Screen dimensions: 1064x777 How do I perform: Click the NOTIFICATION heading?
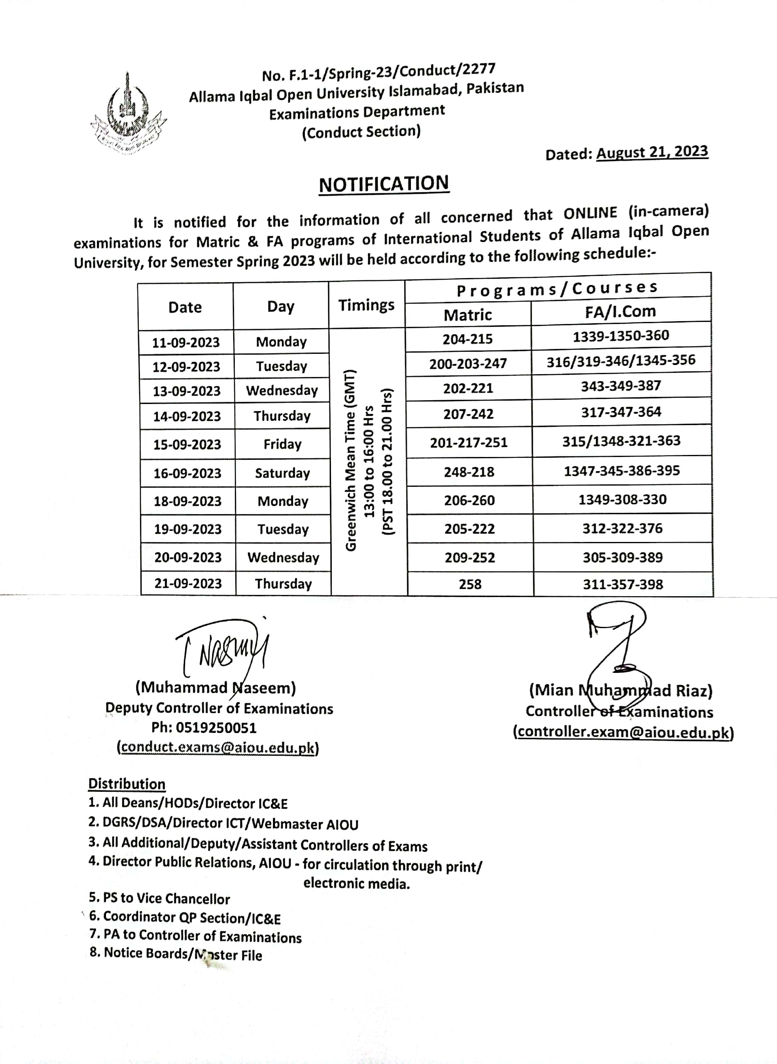coord(384,184)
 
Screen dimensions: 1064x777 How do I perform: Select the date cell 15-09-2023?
coord(187,445)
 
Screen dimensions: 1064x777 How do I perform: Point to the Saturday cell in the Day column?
coord(282,473)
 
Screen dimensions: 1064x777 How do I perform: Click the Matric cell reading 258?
coord(470,584)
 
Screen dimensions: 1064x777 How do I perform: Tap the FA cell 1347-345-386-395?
coord(622,470)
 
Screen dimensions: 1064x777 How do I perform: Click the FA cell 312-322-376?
coord(622,529)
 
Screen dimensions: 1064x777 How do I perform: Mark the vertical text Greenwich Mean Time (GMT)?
coord(351,461)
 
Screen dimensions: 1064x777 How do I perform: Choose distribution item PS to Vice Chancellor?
coord(159,898)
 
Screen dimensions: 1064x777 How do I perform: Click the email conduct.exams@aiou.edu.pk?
coord(218,748)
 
